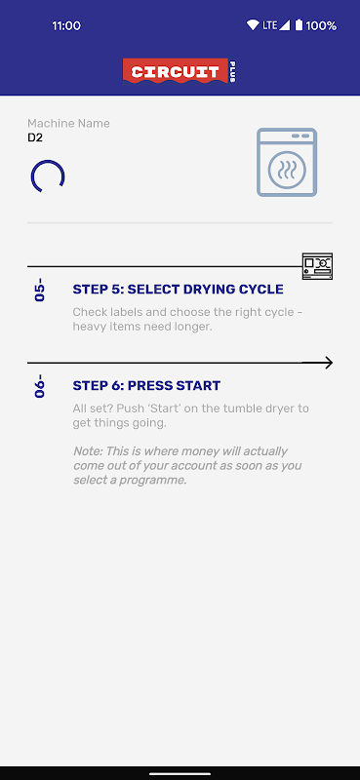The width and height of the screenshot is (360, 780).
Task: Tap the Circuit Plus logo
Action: tap(180, 72)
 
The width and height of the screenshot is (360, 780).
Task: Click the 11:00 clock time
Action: tap(66, 26)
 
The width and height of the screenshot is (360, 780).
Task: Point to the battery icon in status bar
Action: tap(299, 25)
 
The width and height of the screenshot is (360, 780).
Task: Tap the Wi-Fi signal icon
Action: tap(253, 25)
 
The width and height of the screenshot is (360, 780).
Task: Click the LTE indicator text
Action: tap(269, 25)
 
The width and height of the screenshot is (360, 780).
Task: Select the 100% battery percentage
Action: tap(321, 25)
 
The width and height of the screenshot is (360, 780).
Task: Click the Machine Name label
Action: tap(68, 124)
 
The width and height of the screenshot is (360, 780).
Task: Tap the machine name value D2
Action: tap(35, 137)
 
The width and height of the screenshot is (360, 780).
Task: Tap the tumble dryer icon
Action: tap(287, 162)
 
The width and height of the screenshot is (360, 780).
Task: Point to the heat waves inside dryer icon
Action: tap(287, 169)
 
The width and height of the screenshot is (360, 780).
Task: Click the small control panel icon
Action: tap(317, 266)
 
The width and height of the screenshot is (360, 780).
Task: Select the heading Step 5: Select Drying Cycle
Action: tap(179, 289)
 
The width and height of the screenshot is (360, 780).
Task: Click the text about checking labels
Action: tap(187, 320)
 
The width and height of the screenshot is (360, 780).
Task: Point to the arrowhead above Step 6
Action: tap(328, 363)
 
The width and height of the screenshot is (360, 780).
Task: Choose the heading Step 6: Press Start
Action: tap(146, 385)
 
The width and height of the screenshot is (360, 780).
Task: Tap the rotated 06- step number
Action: tap(39, 386)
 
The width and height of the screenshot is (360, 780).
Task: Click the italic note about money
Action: tap(187, 466)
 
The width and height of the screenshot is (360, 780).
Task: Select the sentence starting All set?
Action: tap(190, 416)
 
